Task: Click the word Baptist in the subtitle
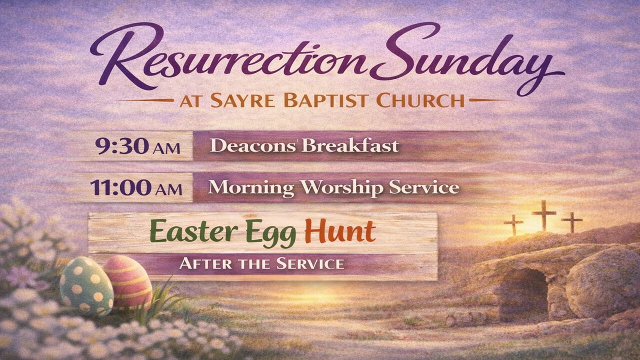pos(325,100)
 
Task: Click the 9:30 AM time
pos(137,146)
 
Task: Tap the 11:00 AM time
pos(136,187)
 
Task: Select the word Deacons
pos(252,145)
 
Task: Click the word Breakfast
pos(350,145)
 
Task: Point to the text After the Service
pos(261,263)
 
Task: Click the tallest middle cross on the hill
pos(543,215)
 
